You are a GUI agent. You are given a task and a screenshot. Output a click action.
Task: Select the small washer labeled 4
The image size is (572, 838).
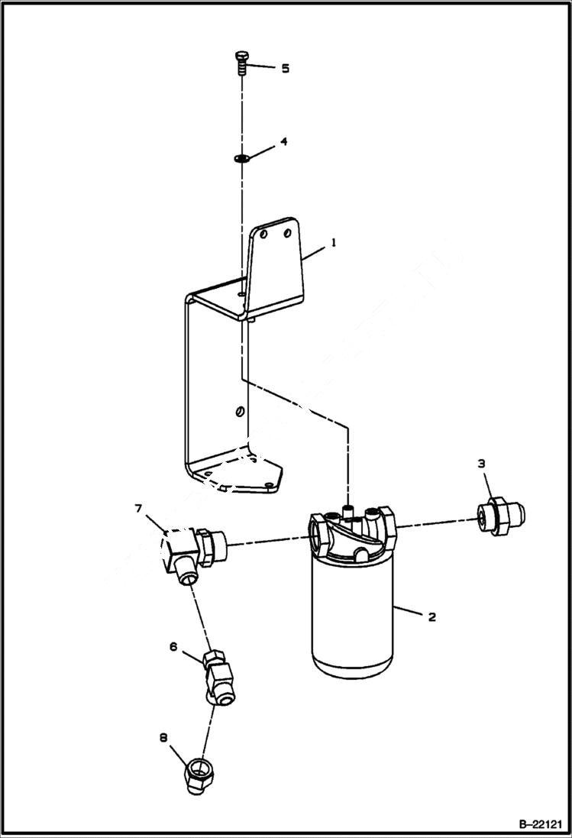(x=241, y=158)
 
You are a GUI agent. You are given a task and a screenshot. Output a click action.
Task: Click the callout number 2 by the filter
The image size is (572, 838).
(x=431, y=616)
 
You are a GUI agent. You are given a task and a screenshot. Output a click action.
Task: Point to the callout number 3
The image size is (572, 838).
(x=482, y=463)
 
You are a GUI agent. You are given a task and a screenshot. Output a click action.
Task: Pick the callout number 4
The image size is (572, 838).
(x=284, y=142)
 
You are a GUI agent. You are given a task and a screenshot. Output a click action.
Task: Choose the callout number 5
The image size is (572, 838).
(x=285, y=68)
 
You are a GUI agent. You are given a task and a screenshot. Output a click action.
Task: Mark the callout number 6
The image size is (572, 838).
(x=173, y=647)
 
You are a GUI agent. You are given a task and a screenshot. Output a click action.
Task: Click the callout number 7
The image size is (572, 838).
(x=138, y=507)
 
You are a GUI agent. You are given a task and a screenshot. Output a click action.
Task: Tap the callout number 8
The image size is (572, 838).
(x=163, y=738)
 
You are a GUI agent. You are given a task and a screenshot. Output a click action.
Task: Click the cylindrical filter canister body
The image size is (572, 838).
(x=352, y=619)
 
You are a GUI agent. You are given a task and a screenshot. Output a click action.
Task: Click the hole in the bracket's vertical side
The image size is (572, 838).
(x=240, y=412)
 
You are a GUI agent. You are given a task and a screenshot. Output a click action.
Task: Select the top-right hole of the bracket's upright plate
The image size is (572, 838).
(x=287, y=231)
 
